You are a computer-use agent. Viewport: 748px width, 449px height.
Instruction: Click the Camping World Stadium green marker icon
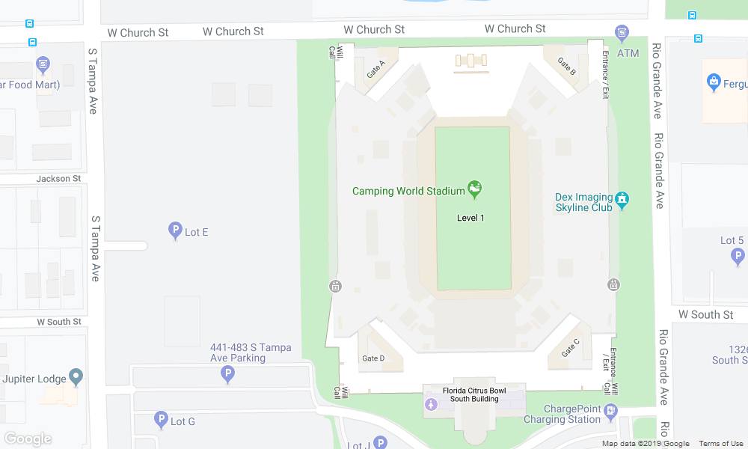(474, 190)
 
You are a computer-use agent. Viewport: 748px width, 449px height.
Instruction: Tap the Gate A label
(375, 70)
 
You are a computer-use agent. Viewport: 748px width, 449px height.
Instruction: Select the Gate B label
(567, 67)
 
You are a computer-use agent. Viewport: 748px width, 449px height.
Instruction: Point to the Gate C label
(570, 347)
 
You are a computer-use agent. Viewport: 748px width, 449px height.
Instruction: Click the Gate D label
(373, 358)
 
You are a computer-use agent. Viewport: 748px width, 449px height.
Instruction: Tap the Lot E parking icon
(174, 231)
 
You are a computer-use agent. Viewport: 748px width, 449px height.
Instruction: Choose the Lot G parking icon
(160, 421)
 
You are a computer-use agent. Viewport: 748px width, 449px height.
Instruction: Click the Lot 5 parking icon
(738, 257)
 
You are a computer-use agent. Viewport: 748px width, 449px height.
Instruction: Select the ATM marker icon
(622, 33)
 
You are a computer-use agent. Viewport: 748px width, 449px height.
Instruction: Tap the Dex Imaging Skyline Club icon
(622, 199)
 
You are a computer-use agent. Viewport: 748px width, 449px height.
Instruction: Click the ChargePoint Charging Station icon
(611, 411)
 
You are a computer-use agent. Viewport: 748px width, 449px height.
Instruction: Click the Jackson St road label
(58, 179)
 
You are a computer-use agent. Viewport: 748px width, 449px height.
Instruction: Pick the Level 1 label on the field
(471, 218)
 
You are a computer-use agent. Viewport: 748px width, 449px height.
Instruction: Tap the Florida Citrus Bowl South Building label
(474, 394)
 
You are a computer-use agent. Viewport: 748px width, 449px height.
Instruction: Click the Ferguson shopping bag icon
(713, 82)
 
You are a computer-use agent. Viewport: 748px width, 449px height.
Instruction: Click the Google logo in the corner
(28, 439)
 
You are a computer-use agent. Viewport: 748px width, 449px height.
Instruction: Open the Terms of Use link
(721, 444)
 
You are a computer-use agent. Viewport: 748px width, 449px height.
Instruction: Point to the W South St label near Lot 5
(705, 314)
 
